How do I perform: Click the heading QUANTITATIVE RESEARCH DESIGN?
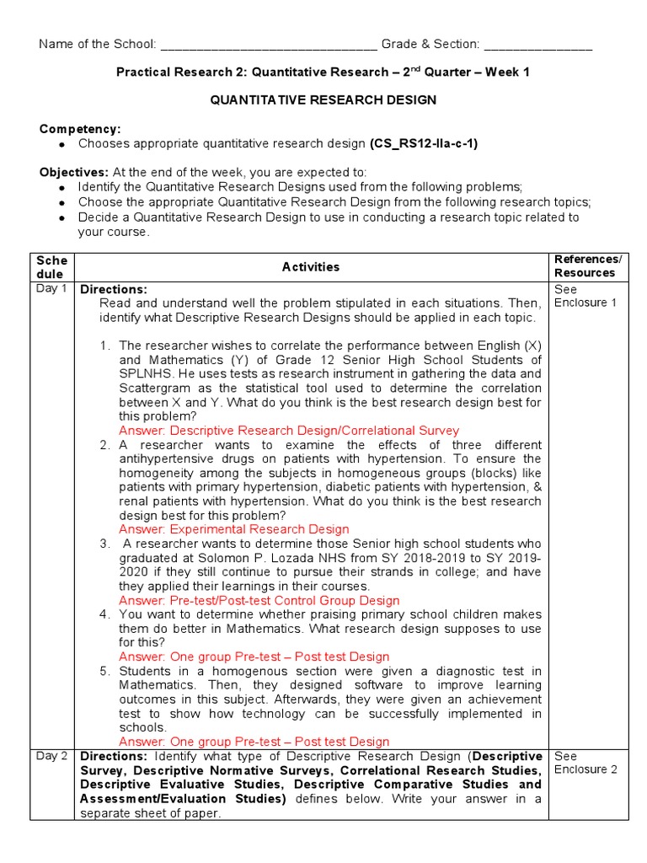[x=323, y=100]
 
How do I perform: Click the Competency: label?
[x=80, y=129]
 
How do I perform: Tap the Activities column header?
[x=311, y=267]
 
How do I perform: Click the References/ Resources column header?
[x=587, y=266]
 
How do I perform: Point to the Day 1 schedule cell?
[x=51, y=289]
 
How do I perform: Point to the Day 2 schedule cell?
[x=51, y=756]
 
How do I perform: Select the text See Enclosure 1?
[x=586, y=296]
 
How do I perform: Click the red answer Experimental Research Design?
[x=233, y=529]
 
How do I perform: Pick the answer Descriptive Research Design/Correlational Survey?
[x=289, y=431]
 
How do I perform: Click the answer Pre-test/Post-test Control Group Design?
[x=259, y=601]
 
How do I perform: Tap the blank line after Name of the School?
[x=268, y=46]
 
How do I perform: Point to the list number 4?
[x=104, y=614]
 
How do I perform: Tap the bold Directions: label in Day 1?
[x=113, y=289]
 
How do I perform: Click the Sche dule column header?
[x=51, y=267]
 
